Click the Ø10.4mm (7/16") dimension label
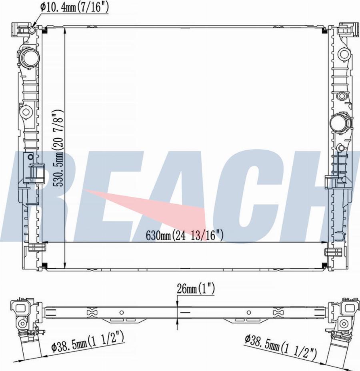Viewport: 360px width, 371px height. pyautogui.click(x=74, y=7)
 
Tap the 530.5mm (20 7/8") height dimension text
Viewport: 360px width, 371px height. pyautogui.click(x=58, y=148)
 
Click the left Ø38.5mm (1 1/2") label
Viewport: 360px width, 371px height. pyautogui.click(x=88, y=345)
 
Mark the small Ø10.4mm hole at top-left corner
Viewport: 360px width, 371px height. pyautogui.click(x=32, y=30)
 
